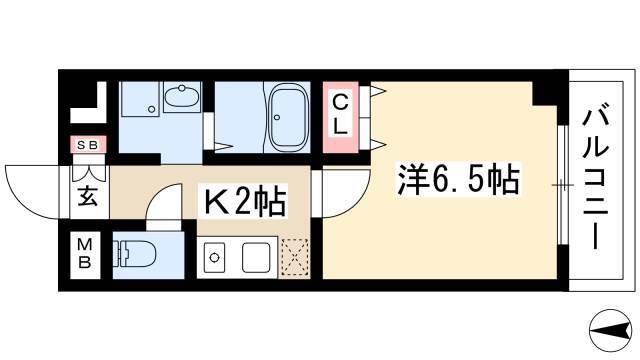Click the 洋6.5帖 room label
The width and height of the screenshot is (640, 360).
coord(458,179)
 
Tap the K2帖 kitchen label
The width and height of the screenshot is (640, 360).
coord(244,201)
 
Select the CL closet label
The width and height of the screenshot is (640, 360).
coord(340,115)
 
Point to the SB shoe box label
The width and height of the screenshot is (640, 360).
coord(87,145)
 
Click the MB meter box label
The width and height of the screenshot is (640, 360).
coord(85,253)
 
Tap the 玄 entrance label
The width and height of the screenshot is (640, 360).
coord(87,196)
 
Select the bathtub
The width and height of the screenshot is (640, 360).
coord(288,117)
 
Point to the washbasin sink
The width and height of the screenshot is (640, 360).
coord(182,97)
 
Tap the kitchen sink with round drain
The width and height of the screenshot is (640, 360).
coord(215,258)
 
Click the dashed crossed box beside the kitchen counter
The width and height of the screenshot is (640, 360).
coord(294,257)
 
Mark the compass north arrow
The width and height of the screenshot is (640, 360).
coord(610,329)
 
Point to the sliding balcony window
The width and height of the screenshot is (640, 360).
coord(563,185)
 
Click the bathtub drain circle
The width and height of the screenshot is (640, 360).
coord(277,118)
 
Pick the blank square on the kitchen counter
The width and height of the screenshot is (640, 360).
coord(256,258)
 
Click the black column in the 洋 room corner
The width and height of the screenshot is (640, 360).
coord(545,93)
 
